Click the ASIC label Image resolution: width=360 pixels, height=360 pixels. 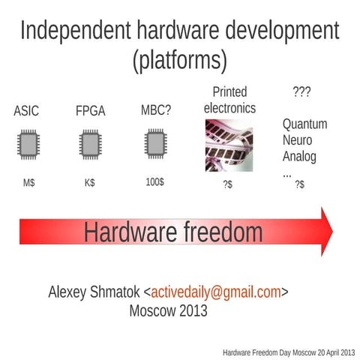tap(26, 112)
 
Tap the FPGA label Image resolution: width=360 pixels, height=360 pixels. tap(90, 112)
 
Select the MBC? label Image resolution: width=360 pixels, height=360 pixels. tap(155, 110)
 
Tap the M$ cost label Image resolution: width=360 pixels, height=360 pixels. tap(28, 182)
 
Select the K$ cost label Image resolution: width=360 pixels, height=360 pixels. tap(90, 182)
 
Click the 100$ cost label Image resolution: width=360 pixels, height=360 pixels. tap(154, 181)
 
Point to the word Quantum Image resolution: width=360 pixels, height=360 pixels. tap(304, 124)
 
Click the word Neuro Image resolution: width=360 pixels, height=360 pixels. tap(297, 140)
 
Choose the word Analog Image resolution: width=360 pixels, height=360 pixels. tap(299, 157)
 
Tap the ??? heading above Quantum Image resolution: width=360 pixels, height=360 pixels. tap(301, 92)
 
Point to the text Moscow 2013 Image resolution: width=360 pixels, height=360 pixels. tap(168, 310)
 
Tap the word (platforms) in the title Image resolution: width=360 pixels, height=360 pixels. tap(179, 60)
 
